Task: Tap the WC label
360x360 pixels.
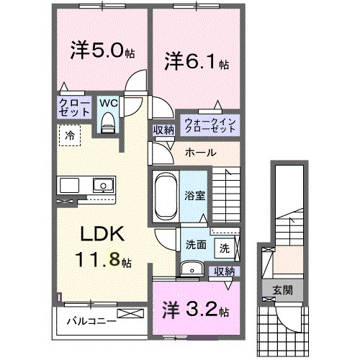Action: (108, 102)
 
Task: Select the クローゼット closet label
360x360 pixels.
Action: (74, 107)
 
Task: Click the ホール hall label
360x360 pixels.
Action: (198, 153)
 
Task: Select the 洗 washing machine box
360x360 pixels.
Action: (225, 248)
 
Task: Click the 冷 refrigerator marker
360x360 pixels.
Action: (70, 134)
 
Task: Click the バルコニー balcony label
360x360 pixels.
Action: (92, 321)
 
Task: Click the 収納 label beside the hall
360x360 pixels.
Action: (163, 130)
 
